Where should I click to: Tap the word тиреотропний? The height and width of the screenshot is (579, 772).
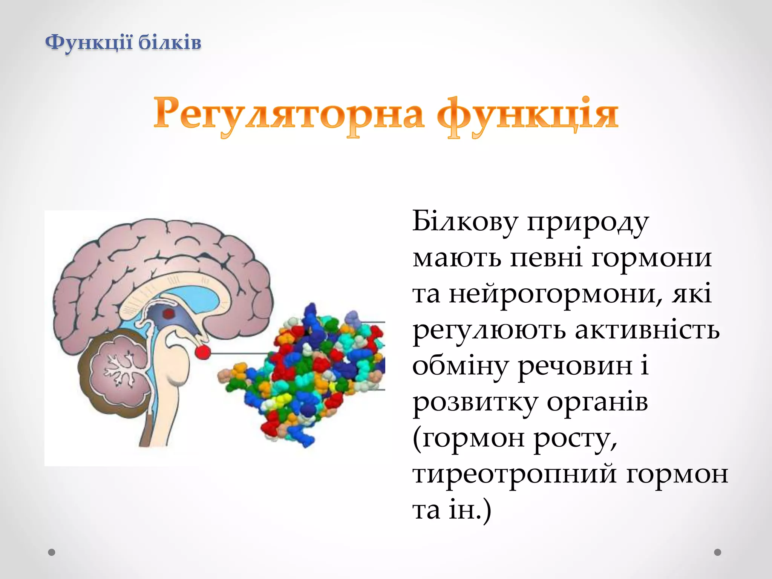(x=515, y=474)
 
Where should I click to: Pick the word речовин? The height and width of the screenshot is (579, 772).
(x=575, y=366)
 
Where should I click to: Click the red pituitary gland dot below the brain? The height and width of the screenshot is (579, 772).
(x=203, y=352)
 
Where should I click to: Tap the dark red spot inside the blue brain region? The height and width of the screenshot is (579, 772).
(x=168, y=314)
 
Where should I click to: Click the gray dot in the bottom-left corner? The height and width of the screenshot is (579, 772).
(x=52, y=552)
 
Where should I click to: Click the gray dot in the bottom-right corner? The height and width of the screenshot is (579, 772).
(x=718, y=552)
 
